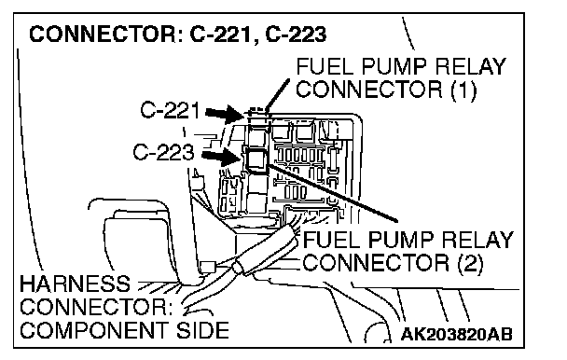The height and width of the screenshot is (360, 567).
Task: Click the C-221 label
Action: [170, 110]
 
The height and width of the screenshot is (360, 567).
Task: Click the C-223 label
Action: [163, 152]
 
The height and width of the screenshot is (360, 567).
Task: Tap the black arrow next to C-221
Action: [225, 114]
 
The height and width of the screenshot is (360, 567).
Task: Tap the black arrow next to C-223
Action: [221, 157]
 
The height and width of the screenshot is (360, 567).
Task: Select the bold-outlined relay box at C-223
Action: [256, 159]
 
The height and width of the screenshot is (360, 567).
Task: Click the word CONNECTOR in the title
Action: [103, 35]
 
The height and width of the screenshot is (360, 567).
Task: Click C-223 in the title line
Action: [297, 35]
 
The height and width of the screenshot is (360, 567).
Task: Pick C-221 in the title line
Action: [220, 35]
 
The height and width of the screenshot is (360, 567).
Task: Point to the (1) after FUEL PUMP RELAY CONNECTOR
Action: [463, 90]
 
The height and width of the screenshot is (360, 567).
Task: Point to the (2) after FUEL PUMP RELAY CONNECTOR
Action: [470, 263]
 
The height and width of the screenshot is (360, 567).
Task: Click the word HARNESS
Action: [75, 284]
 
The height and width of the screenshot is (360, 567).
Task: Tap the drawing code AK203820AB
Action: [456, 334]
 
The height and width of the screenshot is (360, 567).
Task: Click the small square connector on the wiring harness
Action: [208, 267]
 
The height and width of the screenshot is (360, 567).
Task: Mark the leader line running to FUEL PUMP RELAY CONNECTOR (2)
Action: [333, 192]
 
